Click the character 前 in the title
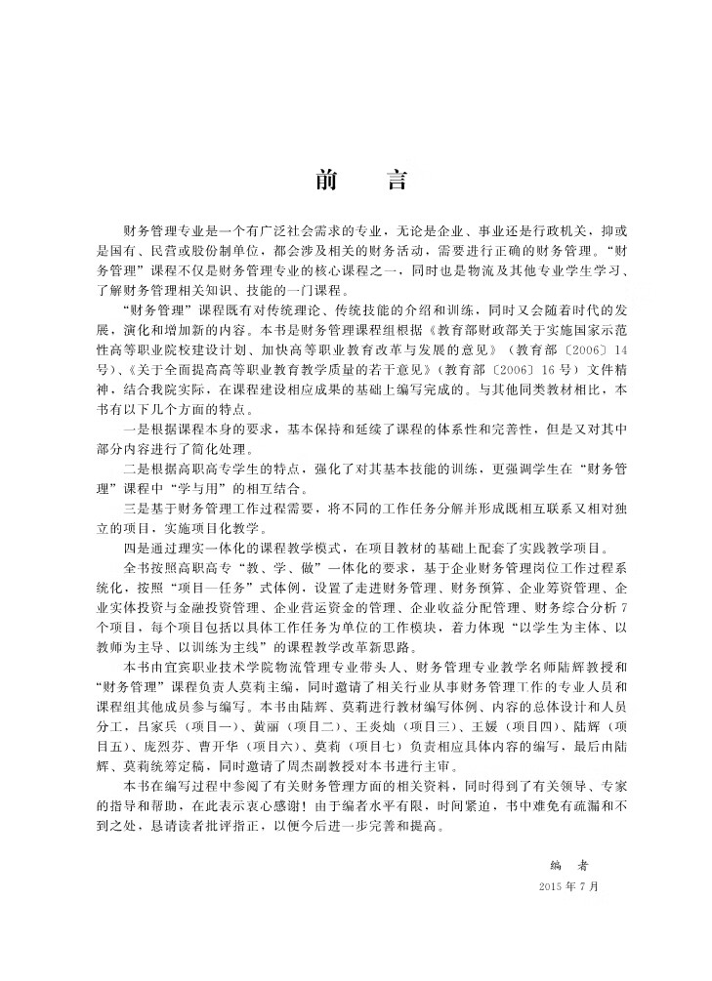(x=323, y=182)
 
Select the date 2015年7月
(x=567, y=887)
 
